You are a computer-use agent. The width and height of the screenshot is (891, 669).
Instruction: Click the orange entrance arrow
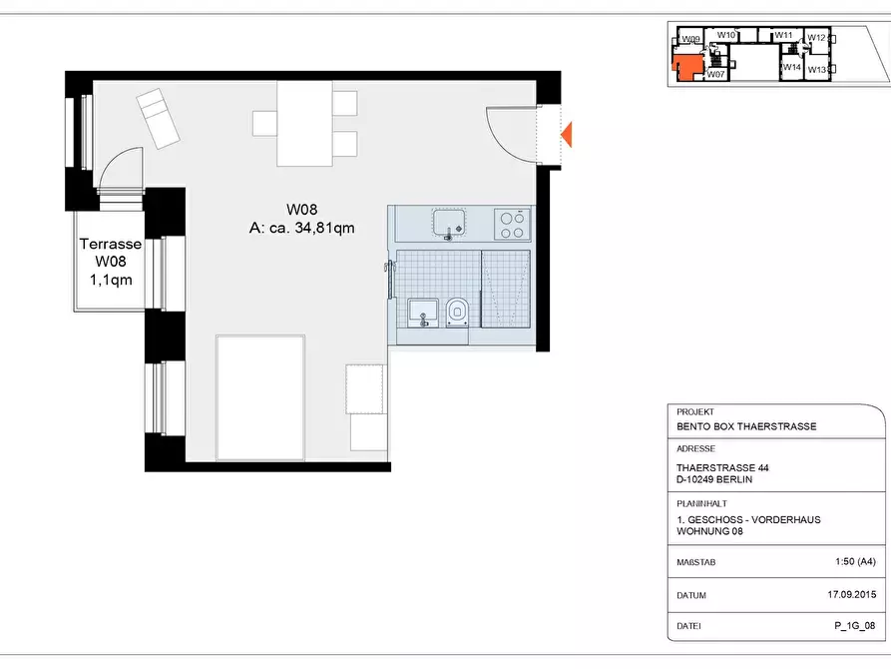coord(567,134)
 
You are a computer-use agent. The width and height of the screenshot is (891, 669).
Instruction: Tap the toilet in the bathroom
coord(457,313)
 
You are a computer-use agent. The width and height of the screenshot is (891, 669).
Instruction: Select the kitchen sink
coord(449,223)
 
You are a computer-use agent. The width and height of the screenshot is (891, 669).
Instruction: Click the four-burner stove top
coord(512,224)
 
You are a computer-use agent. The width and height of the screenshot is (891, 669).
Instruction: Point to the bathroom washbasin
coord(423,313)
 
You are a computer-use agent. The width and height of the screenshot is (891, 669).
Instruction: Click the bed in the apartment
coord(260,397)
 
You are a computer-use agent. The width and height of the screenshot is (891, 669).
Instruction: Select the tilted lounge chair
coord(158,118)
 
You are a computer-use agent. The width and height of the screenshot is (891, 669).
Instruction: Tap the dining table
coord(304,124)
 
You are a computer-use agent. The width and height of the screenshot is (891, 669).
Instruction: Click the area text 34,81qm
coord(324,228)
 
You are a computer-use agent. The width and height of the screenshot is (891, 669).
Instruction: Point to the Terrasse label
coord(110,244)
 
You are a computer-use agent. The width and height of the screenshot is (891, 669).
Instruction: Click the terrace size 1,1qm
coord(111,280)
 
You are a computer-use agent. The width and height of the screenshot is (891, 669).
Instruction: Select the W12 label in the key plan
coord(816,38)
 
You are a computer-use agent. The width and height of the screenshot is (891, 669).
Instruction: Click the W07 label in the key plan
coord(716,74)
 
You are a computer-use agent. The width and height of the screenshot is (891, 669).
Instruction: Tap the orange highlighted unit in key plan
coord(686,67)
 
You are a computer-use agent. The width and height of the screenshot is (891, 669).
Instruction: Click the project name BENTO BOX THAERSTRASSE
coord(746,426)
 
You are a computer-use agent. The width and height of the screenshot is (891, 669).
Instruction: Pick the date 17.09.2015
coord(852,594)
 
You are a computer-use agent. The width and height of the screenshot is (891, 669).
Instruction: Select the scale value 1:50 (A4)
coord(855,561)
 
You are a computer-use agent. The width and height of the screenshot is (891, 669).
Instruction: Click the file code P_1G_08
coord(855,626)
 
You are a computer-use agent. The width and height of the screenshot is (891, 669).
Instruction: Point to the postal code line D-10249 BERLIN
coord(714,479)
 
